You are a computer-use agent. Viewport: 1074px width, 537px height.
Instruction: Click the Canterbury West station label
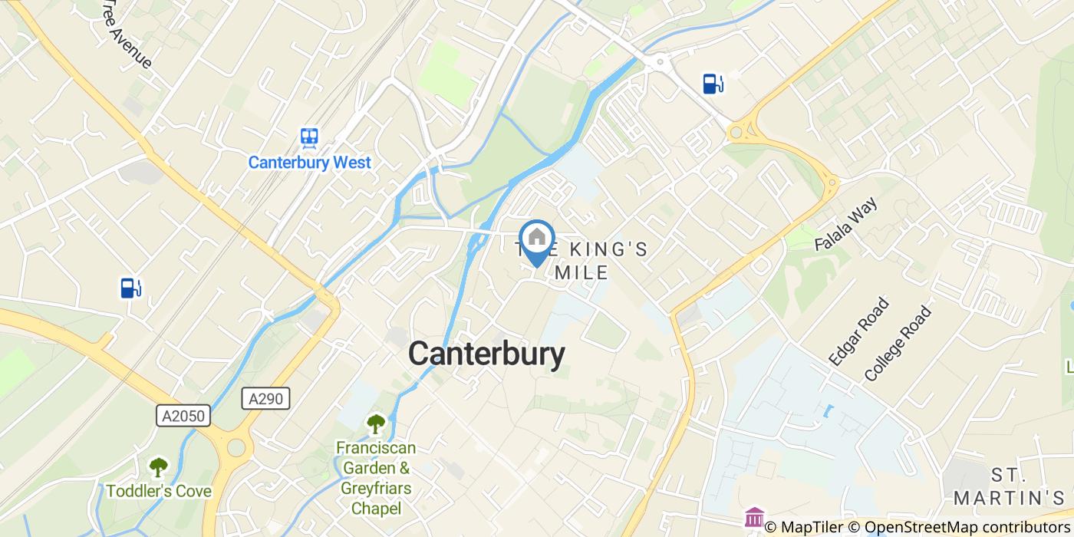pos(309,163)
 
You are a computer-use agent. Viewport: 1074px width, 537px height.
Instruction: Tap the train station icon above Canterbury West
pos(309,137)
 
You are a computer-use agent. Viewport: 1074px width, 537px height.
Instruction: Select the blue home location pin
pos(537,240)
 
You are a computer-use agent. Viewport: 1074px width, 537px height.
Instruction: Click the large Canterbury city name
pos(486,354)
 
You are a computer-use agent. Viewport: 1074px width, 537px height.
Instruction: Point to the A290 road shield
pos(266,398)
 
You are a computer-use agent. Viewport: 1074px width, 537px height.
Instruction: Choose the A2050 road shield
pos(184,416)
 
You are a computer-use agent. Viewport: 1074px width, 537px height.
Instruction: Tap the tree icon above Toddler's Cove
pos(159,466)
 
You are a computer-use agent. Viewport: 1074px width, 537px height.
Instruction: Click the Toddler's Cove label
pos(159,491)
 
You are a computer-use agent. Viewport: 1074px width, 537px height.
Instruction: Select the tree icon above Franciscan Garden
pos(376,423)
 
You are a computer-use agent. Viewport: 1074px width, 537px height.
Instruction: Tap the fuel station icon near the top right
pos(713,83)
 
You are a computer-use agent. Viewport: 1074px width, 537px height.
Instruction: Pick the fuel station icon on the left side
pos(130,288)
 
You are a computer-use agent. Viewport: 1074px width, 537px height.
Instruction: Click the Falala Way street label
pos(845,224)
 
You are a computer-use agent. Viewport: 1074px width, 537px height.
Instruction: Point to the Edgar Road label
pos(858,331)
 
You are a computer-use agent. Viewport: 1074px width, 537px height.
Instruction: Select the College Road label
pos(897,344)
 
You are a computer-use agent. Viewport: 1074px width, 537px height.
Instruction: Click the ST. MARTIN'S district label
pos(1005,485)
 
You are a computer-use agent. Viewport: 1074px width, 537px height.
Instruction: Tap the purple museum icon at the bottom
pos(754,517)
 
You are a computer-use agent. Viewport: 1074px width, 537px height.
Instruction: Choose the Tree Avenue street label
pos(127,35)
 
